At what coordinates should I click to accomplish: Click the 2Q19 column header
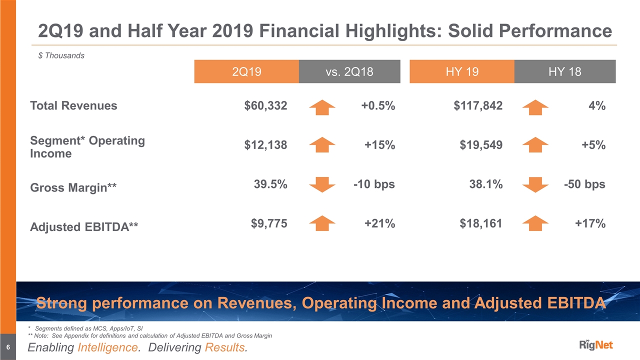[246, 71]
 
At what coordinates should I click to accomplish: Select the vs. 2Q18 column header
[349, 71]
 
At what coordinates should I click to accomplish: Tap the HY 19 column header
[461, 71]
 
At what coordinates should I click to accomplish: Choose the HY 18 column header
[564, 71]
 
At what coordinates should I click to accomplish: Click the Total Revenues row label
[73, 105]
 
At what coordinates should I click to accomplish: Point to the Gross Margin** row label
[73, 187]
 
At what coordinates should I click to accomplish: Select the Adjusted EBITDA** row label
[84, 227]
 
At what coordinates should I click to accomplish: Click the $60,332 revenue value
[265, 105]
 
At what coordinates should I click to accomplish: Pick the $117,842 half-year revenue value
[478, 105]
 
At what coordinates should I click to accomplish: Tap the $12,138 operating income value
[265, 145]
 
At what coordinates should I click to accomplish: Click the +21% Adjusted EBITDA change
[379, 223]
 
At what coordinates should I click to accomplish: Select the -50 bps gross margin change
[584, 184]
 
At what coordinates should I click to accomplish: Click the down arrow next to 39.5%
[322, 184]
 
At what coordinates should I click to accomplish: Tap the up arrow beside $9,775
[322, 223]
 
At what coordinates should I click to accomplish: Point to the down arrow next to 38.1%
[535, 184]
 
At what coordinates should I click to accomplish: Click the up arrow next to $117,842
[535, 106]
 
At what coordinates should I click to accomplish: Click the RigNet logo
[596, 345]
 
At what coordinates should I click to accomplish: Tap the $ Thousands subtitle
[61, 55]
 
